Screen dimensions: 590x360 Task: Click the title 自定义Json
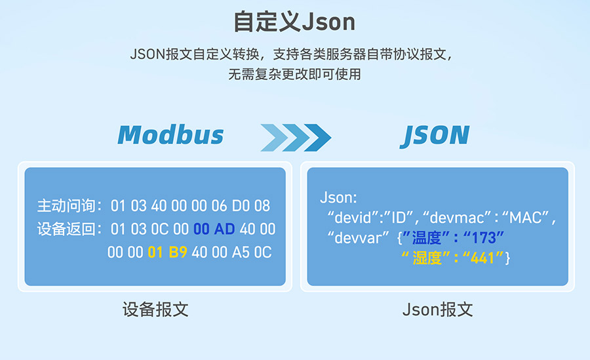point(294,22)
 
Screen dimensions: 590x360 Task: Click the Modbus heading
point(171,135)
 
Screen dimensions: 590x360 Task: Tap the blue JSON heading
point(435,136)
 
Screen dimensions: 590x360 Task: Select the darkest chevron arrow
point(318,138)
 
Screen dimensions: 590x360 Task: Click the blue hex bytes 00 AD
point(214,229)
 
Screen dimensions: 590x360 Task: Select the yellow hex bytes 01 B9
point(167,252)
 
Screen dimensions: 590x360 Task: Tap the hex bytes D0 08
point(251,206)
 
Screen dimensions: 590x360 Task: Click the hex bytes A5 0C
point(252,252)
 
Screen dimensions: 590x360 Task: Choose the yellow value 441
point(482,258)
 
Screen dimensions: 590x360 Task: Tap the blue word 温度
point(426,238)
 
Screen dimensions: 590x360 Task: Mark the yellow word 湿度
point(427,258)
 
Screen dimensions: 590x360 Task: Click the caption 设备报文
point(155,310)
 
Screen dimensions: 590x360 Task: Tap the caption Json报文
point(438,310)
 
